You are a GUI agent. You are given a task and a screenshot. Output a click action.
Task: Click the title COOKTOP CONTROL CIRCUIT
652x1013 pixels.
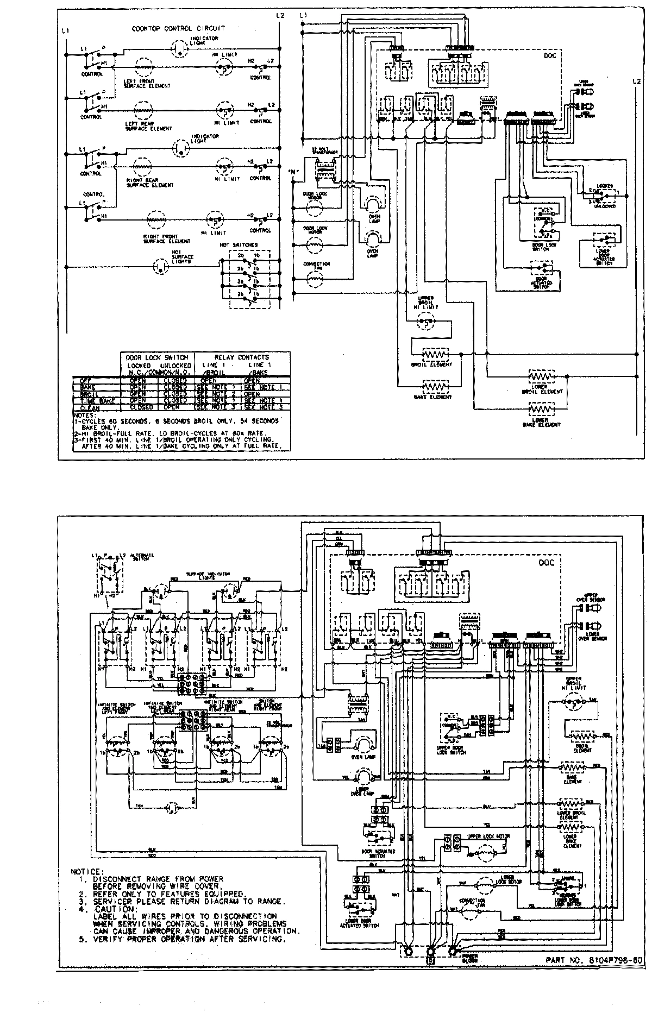coord(178,28)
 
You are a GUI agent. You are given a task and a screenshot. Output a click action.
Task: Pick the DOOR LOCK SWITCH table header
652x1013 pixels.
coord(156,357)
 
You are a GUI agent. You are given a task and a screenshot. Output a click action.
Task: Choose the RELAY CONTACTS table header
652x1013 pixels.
coord(242,357)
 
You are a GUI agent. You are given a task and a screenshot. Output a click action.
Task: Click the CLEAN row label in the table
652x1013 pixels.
coord(90,407)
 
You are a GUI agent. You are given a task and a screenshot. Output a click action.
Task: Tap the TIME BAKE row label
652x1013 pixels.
coord(93,400)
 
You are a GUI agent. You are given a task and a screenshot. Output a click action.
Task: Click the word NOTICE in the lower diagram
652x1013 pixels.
coord(87,872)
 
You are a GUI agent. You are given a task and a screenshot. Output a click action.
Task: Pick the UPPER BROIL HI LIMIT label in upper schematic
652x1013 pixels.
coord(425,303)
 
